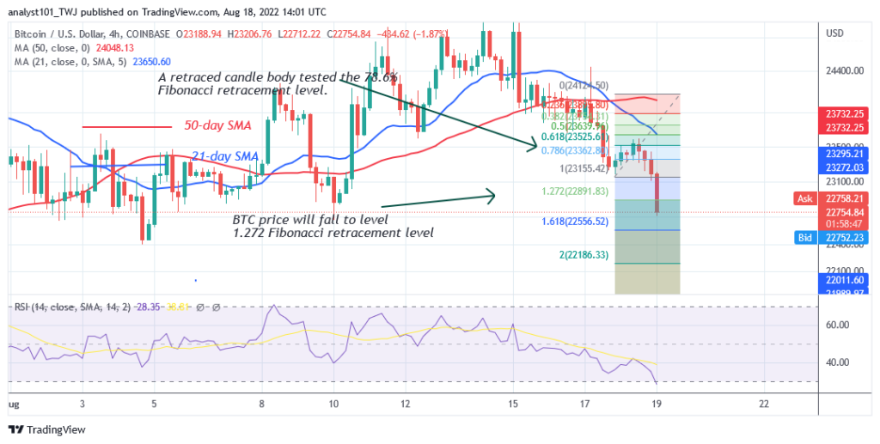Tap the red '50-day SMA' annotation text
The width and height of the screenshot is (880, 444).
pos(217,125)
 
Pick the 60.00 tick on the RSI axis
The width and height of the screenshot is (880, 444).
pos(838,325)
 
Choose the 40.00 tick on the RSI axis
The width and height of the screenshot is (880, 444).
pos(838,362)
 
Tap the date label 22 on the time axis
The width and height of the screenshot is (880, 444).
pos(763,402)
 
